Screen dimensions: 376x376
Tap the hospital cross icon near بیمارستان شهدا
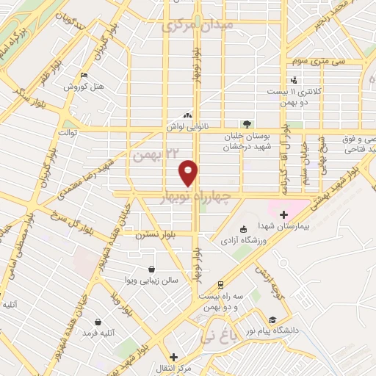[x=283, y=214]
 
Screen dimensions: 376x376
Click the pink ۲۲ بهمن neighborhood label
[x=157, y=155]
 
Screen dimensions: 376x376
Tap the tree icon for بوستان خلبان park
[x=247, y=124]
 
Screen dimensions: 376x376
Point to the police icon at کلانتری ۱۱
[x=294, y=79]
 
